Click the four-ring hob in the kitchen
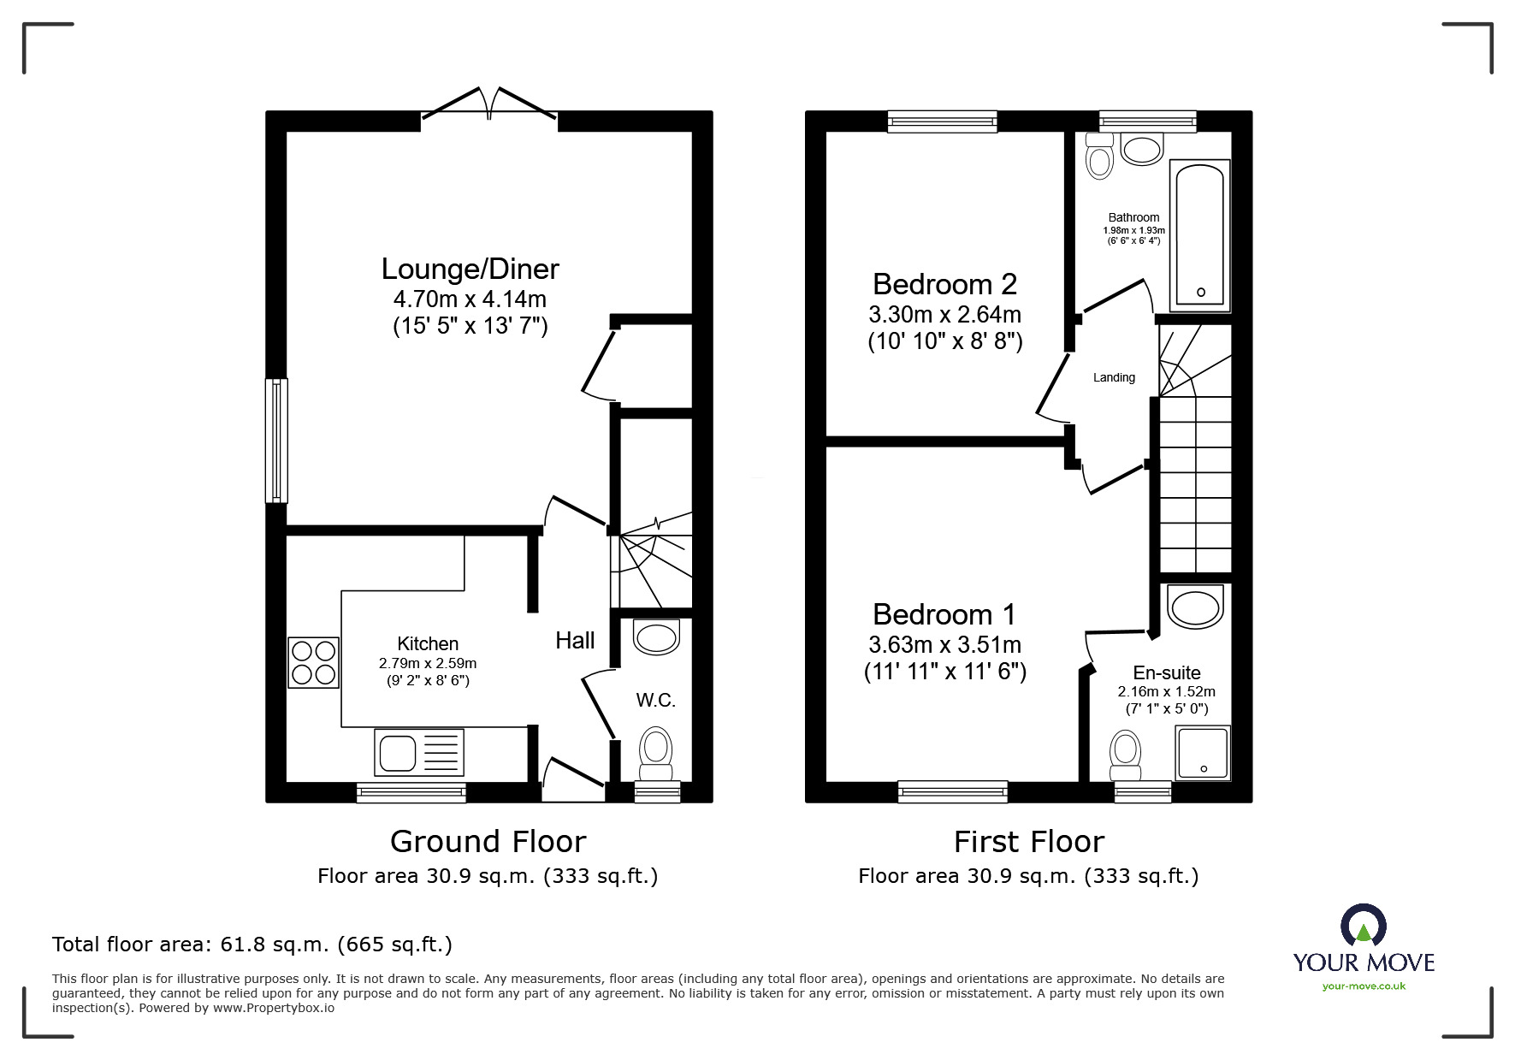313,662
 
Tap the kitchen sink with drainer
418,752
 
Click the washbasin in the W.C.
656,637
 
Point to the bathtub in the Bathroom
1201,233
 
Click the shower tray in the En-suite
1203,752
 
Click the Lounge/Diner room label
470,269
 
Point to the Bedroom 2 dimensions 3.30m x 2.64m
944,315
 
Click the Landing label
1114,377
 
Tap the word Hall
575,640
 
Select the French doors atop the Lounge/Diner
489,104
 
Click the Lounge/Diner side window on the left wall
276,440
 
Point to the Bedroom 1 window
953,792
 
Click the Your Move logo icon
1363,927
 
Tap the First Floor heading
1028,842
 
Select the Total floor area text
252,945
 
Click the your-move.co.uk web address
1364,986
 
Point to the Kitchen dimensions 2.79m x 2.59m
428,663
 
